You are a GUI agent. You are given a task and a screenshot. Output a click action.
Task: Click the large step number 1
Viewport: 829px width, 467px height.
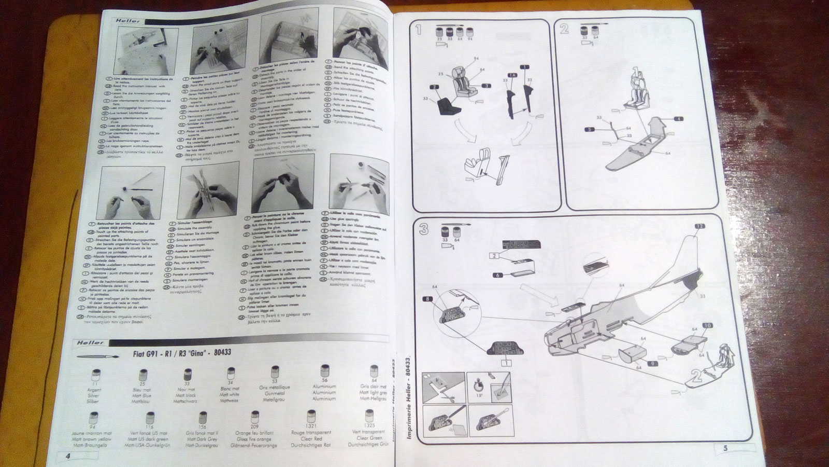pyautogui.click(x=418, y=30)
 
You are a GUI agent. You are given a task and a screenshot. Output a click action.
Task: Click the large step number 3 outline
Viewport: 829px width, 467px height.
pyautogui.click(x=424, y=228)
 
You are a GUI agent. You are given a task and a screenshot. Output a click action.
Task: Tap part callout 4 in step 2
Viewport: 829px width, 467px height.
pyautogui.click(x=679, y=119)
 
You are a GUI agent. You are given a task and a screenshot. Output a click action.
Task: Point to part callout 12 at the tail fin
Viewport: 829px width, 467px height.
pyautogui.click(x=699, y=226)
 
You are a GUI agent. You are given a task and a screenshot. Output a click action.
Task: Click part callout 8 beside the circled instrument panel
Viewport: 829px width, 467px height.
pyautogui.click(x=426, y=298)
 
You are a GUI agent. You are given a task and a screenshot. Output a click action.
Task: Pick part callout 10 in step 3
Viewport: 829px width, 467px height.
pyautogui.click(x=708, y=326)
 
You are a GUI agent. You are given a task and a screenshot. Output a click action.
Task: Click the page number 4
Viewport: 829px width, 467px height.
pyautogui.click(x=67, y=455)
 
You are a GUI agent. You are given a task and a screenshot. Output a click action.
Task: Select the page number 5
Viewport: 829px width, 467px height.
pyautogui.click(x=725, y=449)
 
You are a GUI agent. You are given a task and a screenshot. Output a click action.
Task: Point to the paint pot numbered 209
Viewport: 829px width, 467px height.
pyautogui.click(x=255, y=418)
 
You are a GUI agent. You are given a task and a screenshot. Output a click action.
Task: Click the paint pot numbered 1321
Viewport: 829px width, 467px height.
pyautogui.click(x=311, y=417)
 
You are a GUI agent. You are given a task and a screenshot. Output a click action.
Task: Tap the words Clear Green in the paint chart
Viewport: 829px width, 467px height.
pyautogui.click(x=369, y=438)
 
